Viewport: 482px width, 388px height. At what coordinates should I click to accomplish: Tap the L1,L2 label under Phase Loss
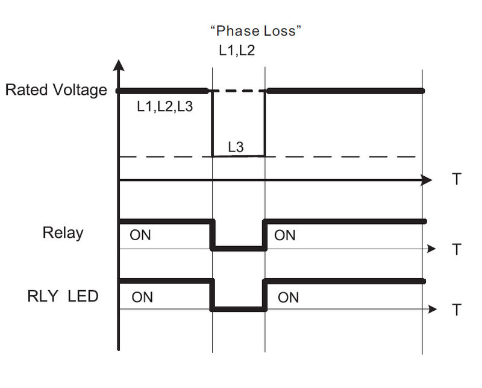pyautogui.click(x=236, y=51)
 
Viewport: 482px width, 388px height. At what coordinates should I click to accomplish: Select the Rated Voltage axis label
pyautogui.click(x=56, y=91)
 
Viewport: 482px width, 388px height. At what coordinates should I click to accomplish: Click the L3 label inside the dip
pyautogui.click(x=236, y=146)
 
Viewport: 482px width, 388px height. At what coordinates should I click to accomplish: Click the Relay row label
pyautogui.click(x=63, y=232)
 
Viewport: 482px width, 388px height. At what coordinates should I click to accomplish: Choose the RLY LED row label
pyautogui.click(x=63, y=296)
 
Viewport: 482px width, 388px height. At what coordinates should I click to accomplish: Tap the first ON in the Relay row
pyautogui.click(x=140, y=235)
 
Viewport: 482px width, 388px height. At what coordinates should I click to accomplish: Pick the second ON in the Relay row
pyautogui.click(x=285, y=235)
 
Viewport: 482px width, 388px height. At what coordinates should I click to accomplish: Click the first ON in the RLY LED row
pyautogui.click(x=142, y=297)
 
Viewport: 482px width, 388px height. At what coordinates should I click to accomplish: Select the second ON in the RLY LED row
pyautogui.click(x=288, y=297)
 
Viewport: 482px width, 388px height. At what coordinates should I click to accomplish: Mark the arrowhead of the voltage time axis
pyautogui.click(x=427, y=180)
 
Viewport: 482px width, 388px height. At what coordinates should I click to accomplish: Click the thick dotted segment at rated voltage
pyautogui.click(x=238, y=91)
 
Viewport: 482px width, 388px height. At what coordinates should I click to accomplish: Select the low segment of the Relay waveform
pyautogui.click(x=239, y=248)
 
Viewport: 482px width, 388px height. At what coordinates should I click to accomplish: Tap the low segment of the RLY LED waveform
pyautogui.click(x=239, y=310)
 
